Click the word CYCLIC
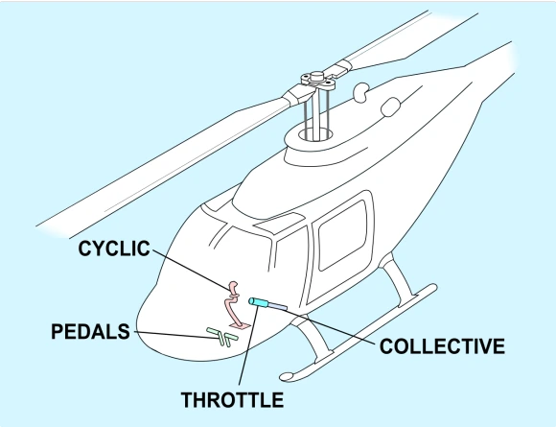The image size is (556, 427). pyautogui.click(x=116, y=250)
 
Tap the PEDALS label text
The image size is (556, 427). pyautogui.click(x=91, y=333)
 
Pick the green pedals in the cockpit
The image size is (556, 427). pyautogui.click(x=221, y=336)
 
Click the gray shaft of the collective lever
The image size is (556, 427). pyautogui.click(x=277, y=306)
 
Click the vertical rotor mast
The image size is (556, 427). pyautogui.click(x=315, y=115)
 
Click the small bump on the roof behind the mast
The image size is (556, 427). pyautogui.click(x=361, y=92)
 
